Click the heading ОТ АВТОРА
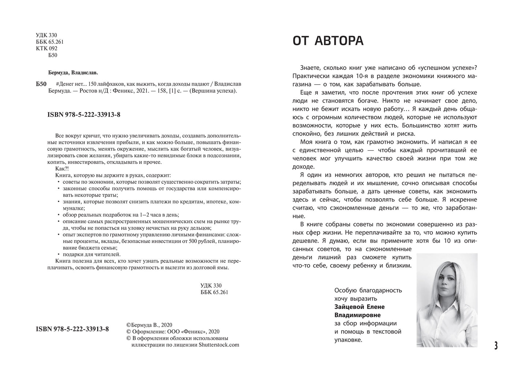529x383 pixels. pyautogui.click(x=328, y=41)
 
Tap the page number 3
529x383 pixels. pyautogui.click(x=496, y=346)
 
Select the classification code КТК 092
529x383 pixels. pyautogui.click(x=46, y=48)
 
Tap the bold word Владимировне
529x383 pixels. pyautogui.click(x=358, y=315)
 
